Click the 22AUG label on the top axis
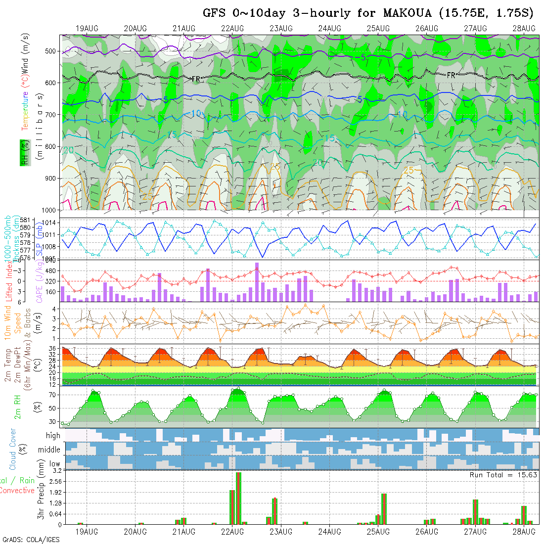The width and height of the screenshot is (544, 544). [232, 28]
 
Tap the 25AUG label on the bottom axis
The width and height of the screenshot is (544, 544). [378, 532]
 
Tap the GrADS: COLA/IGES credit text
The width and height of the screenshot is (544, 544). [31, 540]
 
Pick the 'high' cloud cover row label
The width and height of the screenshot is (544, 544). [53, 436]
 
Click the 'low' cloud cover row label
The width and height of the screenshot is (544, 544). [54, 464]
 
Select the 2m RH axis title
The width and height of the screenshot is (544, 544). [18, 406]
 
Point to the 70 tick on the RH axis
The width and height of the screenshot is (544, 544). [51, 395]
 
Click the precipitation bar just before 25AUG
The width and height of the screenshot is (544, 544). [384, 508]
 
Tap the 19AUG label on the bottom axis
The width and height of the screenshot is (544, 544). [86, 532]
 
